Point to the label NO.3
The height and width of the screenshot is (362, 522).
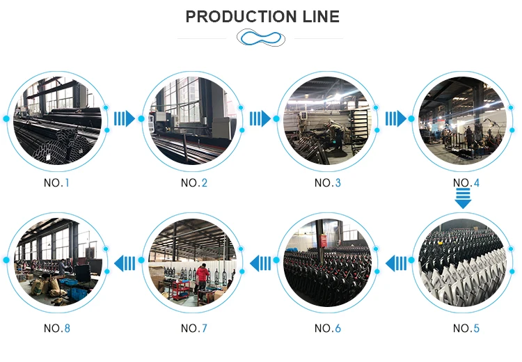click(x=328, y=183)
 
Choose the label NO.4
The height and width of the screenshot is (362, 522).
click(x=465, y=183)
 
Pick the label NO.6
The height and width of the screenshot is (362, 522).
click(x=328, y=328)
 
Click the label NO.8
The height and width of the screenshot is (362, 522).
click(x=58, y=328)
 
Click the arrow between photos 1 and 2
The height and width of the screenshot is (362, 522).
click(x=124, y=118)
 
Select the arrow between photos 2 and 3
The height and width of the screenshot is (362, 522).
click(x=260, y=118)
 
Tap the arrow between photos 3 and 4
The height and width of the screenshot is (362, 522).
click(x=396, y=118)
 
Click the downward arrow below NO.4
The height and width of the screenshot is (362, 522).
click(x=463, y=200)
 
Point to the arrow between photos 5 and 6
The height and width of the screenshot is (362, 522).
click(x=396, y=263)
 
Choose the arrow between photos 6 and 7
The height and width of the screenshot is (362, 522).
click(x=260, y=263)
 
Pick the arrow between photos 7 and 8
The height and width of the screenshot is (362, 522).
click(x=125, y=263)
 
